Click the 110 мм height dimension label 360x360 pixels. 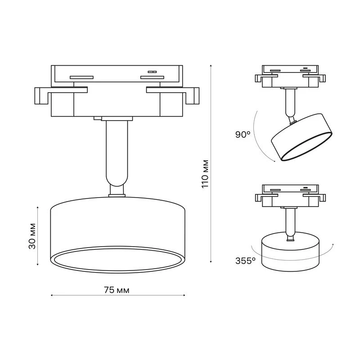pyautogui.click(x=205, y=174)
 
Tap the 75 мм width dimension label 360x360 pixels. pyautogui.click(x=117, y=290)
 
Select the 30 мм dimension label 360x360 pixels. pyautogui.click(x=32, y=236)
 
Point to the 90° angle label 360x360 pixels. pyautogui.click(x=243, y=135)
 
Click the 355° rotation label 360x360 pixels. pyautogui.click(x=245, y=261)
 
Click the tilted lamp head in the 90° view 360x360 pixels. pyautogui.click(x=301, y=137)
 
